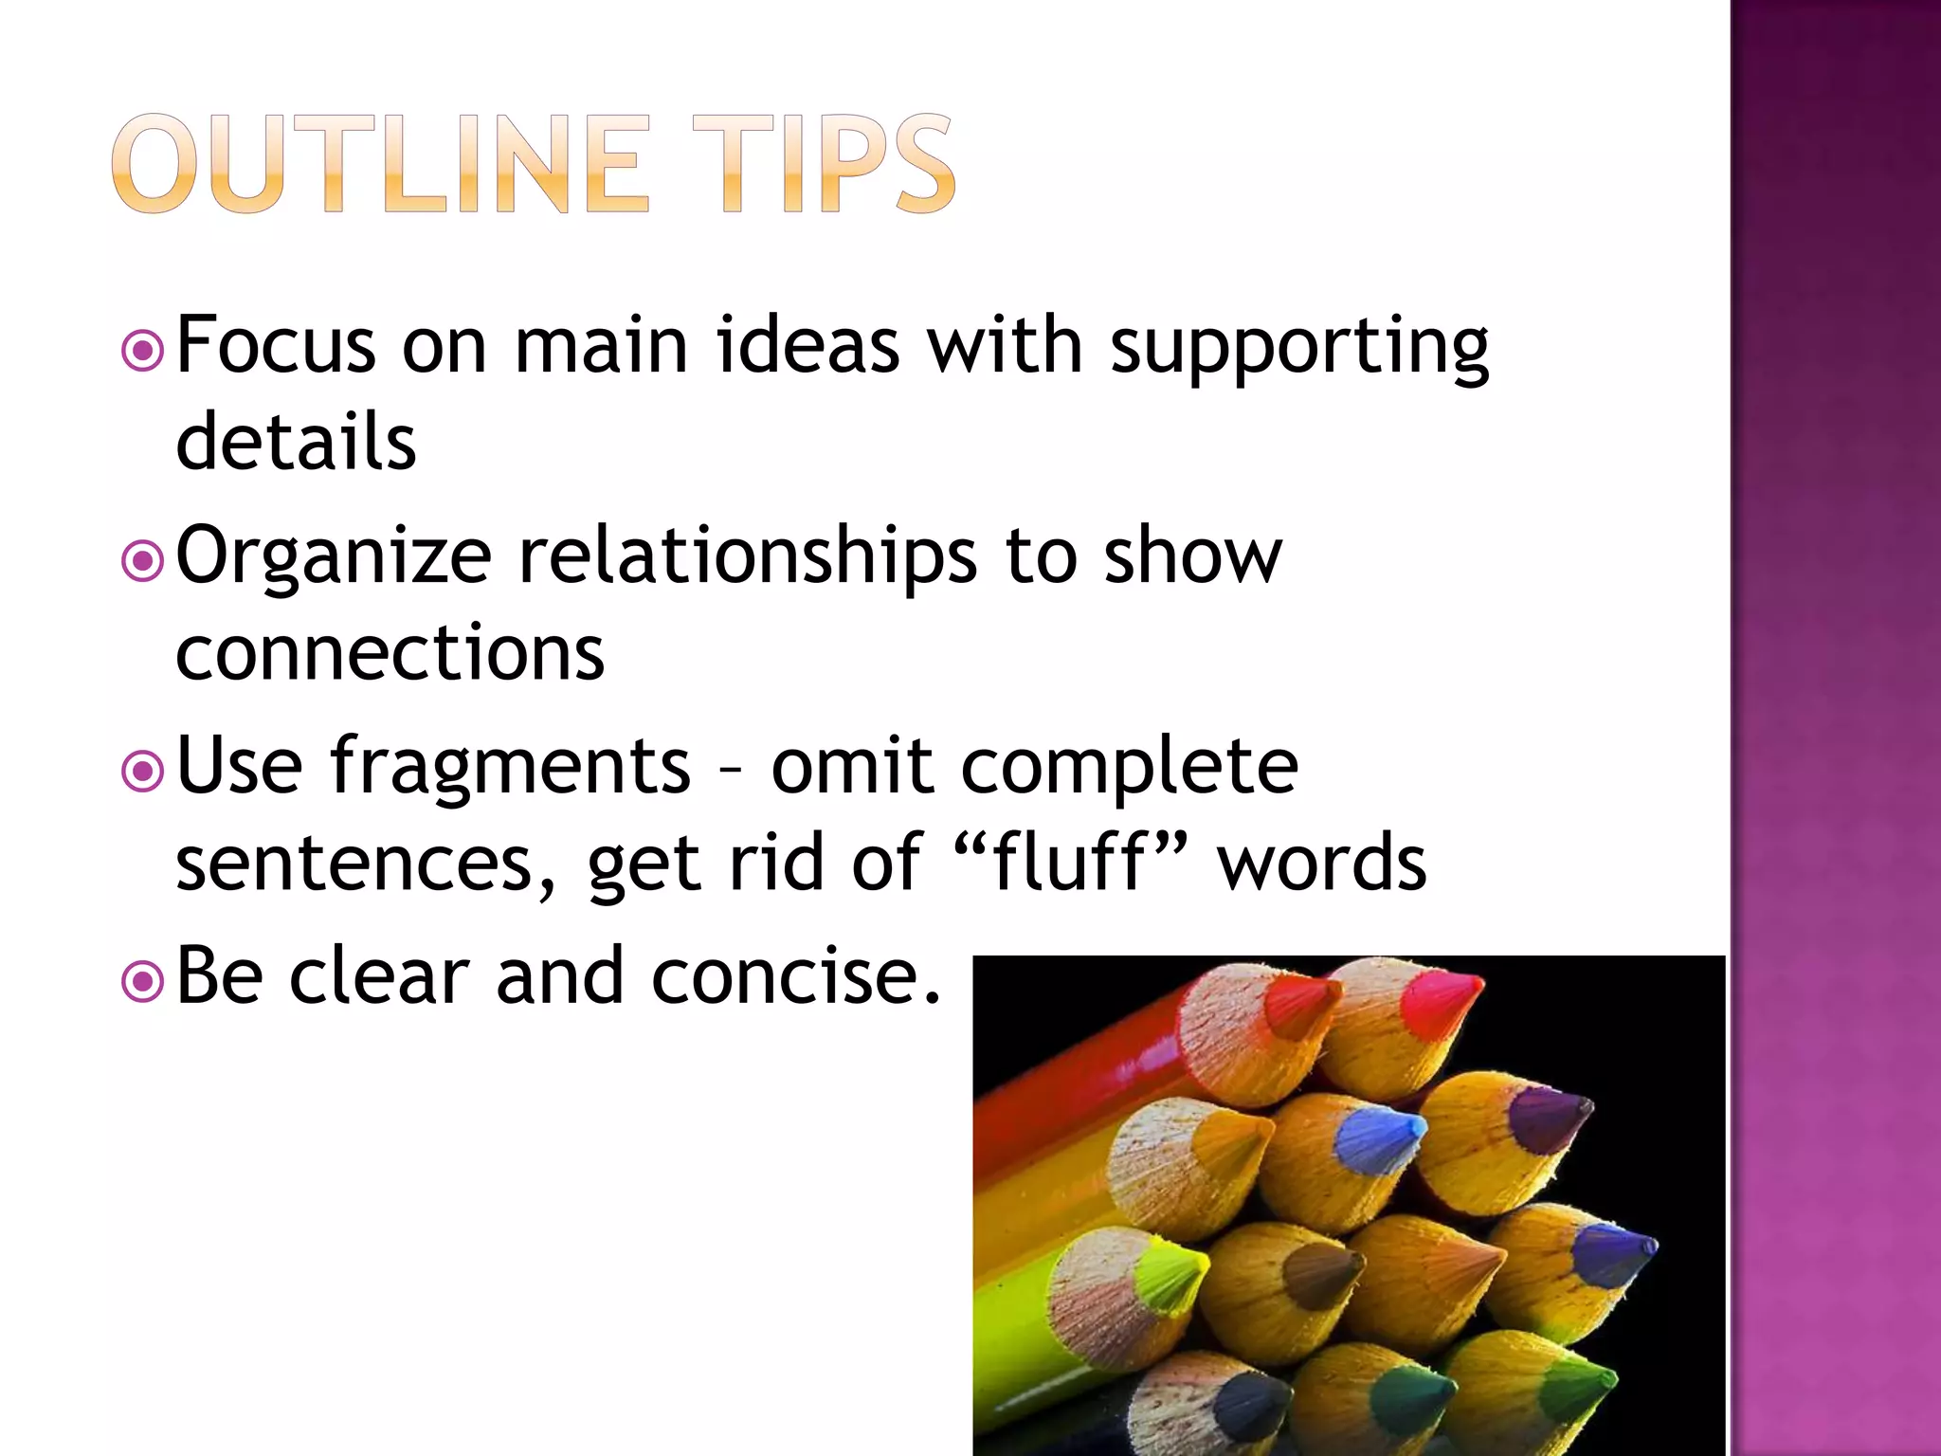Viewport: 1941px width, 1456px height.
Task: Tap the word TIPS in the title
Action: [823, 164]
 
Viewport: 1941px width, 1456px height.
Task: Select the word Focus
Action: [276, 346]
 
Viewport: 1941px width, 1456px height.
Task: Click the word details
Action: [296, 442]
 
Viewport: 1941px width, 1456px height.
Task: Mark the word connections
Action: [390, 653]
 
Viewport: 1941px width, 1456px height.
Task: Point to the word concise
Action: [796, 976]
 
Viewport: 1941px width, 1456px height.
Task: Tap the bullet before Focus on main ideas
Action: [143, 352]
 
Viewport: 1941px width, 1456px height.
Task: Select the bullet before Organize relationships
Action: [143, 562]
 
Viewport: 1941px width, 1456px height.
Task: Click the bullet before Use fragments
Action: [143, 773]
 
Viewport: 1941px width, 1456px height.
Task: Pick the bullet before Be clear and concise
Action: [143, 983]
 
